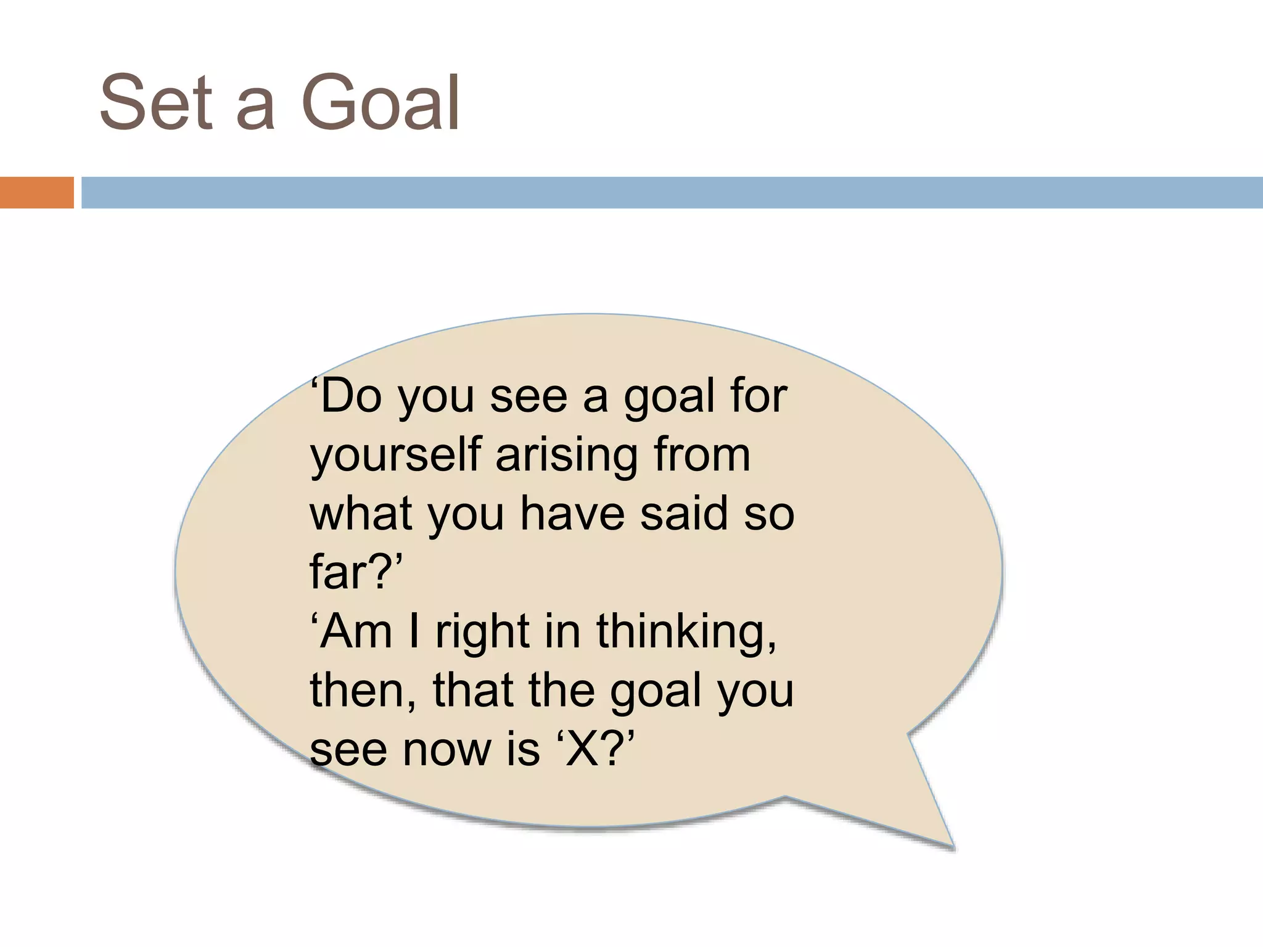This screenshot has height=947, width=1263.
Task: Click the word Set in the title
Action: click(x=156, y=104)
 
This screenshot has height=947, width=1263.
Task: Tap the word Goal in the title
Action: click(x=381, y=104)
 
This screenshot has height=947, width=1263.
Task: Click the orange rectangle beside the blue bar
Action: click(x=36, y=192)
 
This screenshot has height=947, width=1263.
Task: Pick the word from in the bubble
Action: click(x=702, y=455)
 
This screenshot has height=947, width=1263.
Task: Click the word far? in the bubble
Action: click(x=355, y=572)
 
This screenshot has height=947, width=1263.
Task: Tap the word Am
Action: click(x=356, y=631)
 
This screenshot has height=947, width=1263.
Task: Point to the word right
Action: click(x=482, y=633)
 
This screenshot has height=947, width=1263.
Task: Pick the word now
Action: click(x=448, y=750)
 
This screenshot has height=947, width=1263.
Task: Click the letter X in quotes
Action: click(x=583, y=750)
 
